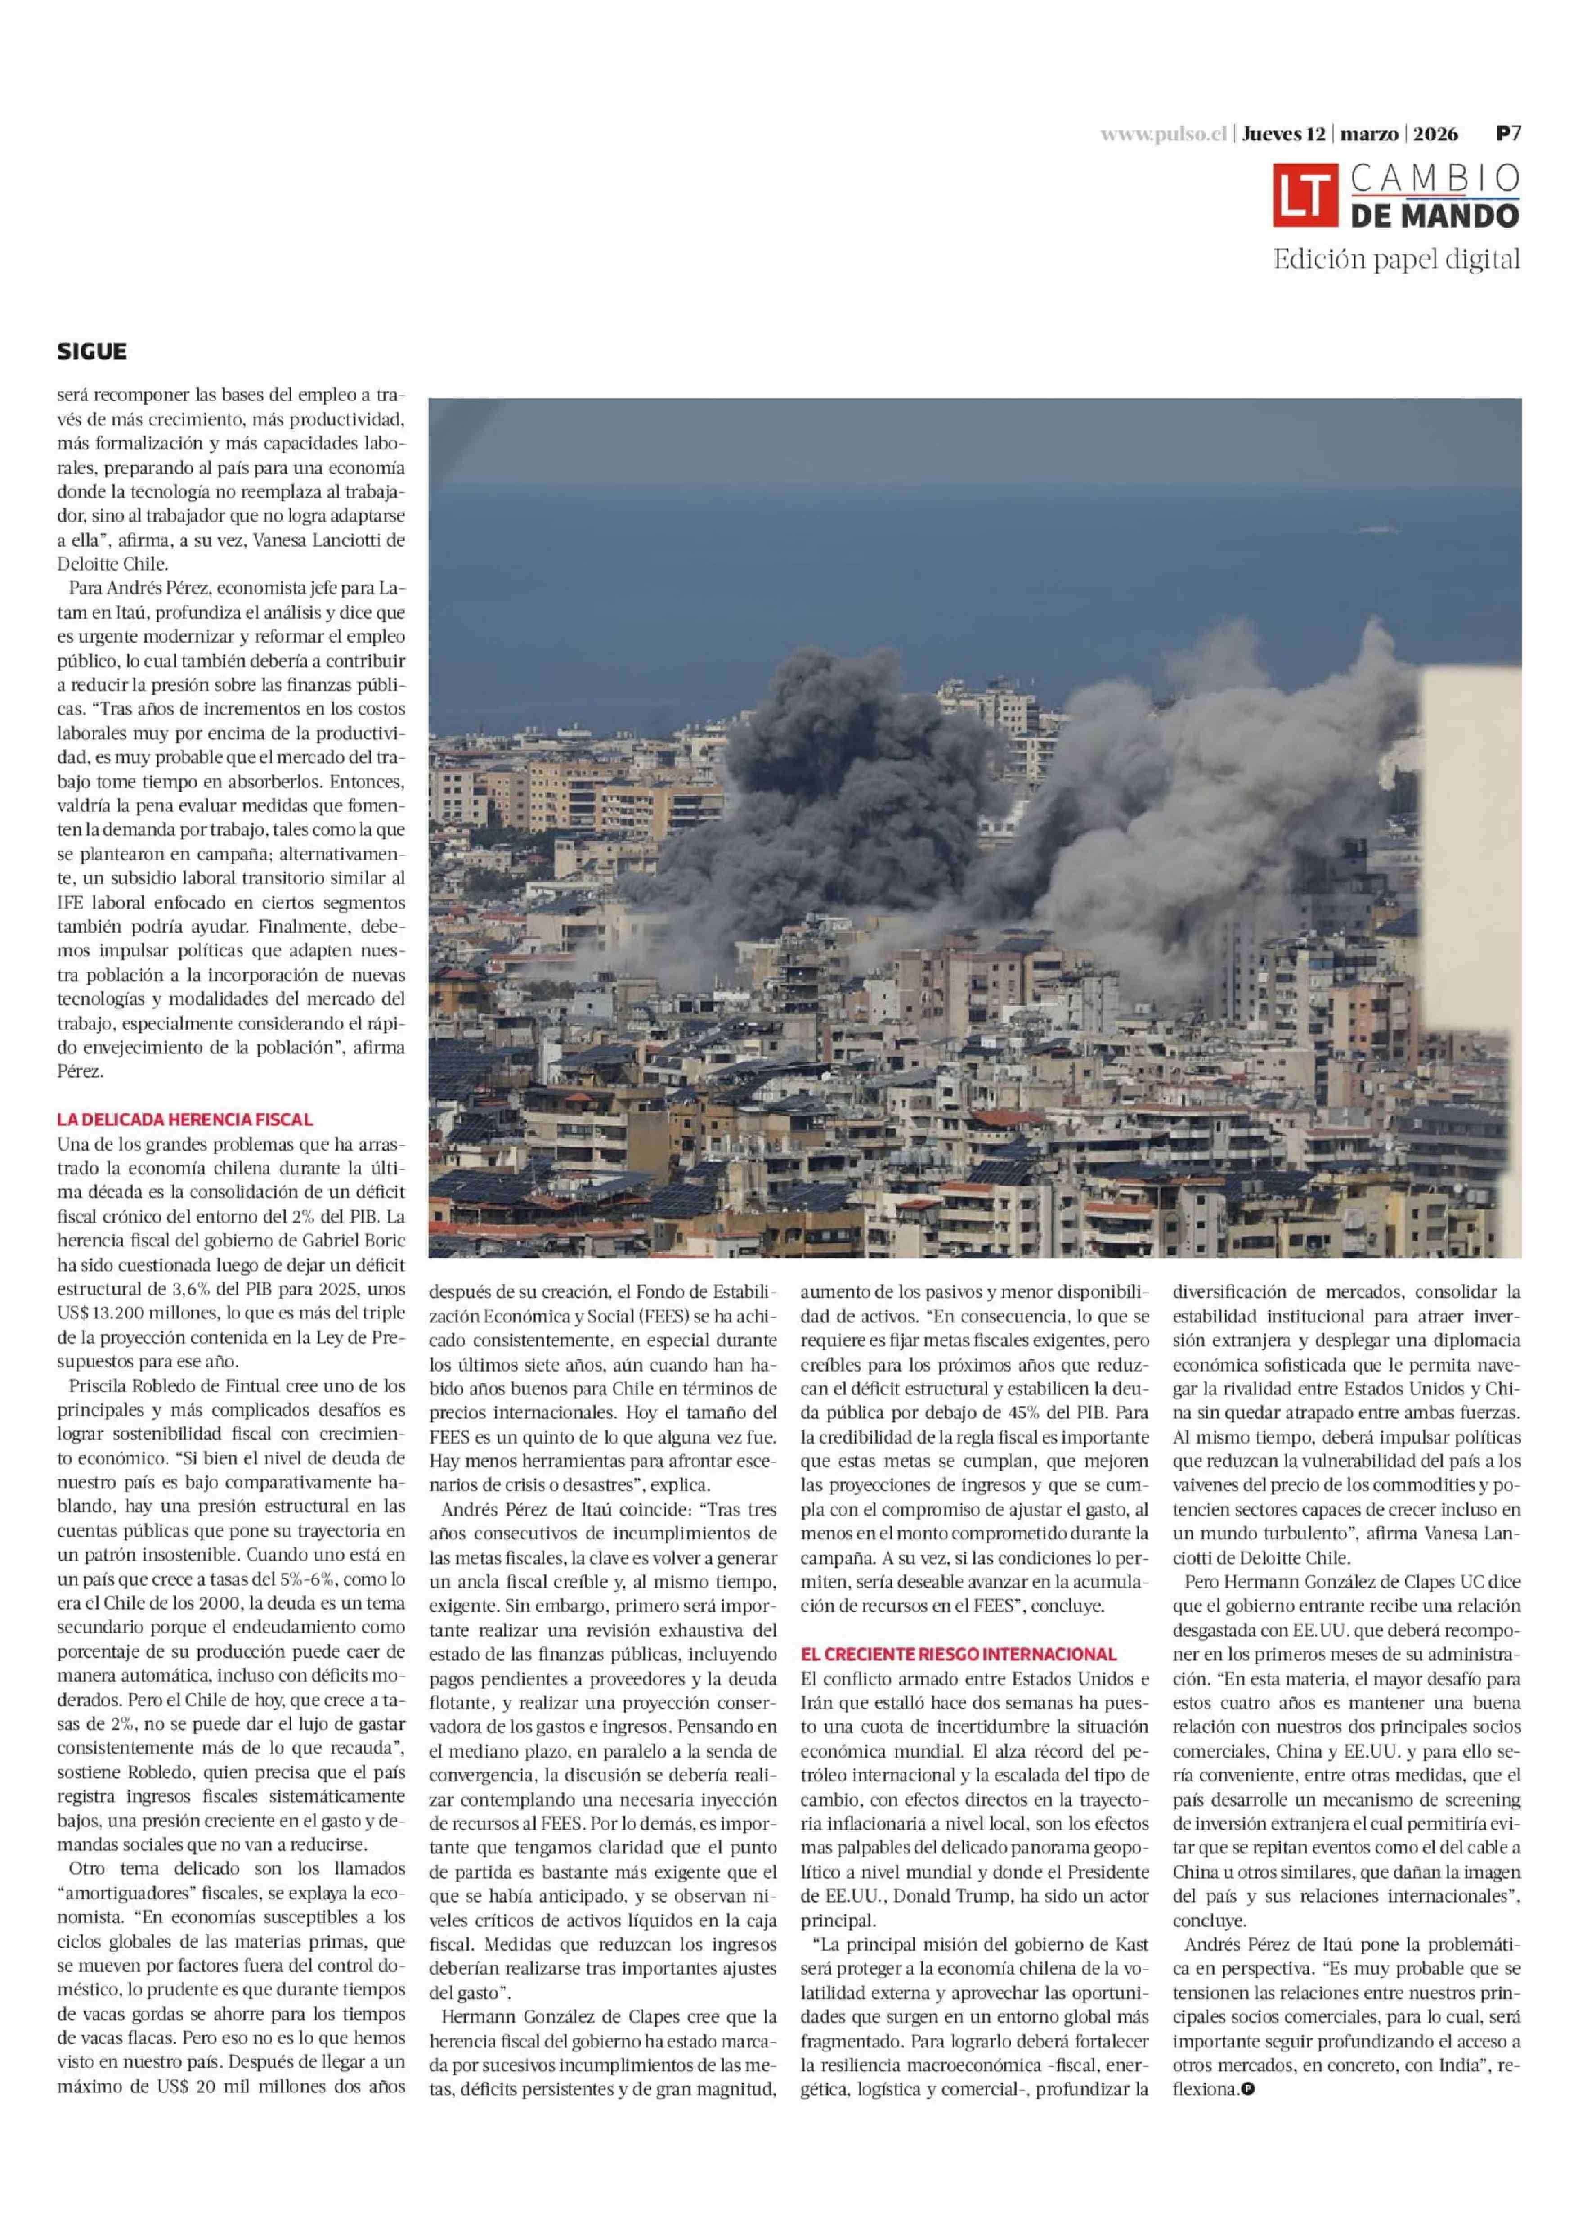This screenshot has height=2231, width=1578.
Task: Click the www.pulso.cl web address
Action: click(1164, 135)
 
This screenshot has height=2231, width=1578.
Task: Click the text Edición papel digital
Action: click(1396, 260)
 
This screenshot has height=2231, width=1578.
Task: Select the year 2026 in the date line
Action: click(1442, 135)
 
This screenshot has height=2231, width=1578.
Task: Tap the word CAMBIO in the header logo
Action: click(1434, 178)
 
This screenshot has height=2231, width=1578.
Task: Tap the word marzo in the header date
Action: click(1370, 135)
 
